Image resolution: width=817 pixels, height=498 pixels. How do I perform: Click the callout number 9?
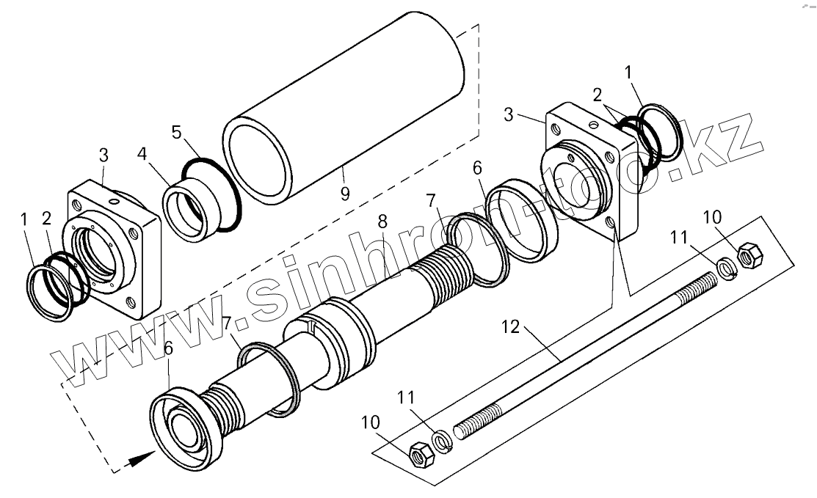pyautogui.click(x=345, y=194)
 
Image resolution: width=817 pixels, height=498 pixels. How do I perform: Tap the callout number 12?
pyautogui.click(x=511, y=328)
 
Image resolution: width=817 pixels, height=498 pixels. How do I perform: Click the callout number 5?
pyautogui.click(x=175, y=133)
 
